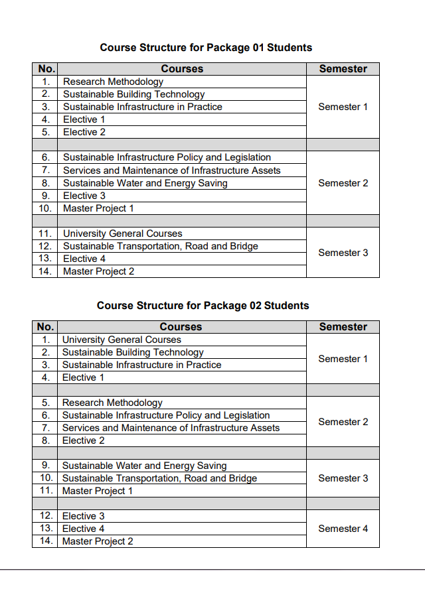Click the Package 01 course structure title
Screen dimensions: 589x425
point(206,48)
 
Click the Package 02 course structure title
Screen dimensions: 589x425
point(203,306)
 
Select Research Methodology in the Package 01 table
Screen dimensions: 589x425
point(113,82)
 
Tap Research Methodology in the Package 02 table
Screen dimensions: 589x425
point(112,403)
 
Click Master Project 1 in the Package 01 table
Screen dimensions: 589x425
point(98,208)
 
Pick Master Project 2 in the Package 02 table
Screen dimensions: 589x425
point(98,541)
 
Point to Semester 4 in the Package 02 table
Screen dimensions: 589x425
point(343,529)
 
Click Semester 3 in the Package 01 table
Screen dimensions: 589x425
point(343,253)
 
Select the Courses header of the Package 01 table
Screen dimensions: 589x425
point(182,69)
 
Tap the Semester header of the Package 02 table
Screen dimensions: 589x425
point(343,327)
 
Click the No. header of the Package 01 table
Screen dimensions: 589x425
point(46,69)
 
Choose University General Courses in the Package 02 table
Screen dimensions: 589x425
point(122,340)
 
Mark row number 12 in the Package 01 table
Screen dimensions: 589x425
point(45,246)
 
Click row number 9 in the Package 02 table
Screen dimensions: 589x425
point(46,466)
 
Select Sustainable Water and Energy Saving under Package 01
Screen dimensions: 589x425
point(145,183)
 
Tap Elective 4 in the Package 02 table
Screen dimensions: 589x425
point(83,529)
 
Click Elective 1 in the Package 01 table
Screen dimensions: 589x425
point(84,119)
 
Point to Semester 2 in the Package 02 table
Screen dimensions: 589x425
point(343,422)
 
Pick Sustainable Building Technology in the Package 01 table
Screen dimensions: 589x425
point(134,94)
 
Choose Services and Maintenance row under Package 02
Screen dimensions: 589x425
point(171,428)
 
